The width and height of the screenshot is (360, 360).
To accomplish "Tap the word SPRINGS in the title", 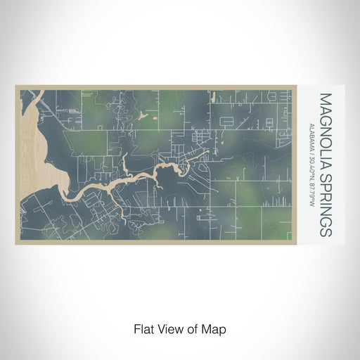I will pyautogui.click(x=326, y=196).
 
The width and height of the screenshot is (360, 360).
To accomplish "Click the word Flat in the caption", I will pyautogui.click(x=143, y=328).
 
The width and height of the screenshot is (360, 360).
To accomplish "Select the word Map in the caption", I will pyautogui.click(x=215, y=328).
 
